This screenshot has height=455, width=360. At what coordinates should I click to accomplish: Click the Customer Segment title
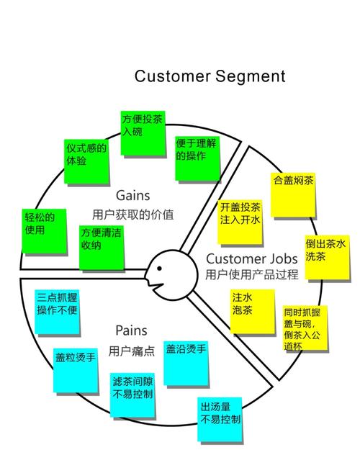210,76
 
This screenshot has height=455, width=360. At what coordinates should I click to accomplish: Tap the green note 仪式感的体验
86,159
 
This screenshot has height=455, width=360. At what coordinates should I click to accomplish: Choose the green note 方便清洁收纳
102,247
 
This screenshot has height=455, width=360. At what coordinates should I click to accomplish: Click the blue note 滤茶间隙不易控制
133,394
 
